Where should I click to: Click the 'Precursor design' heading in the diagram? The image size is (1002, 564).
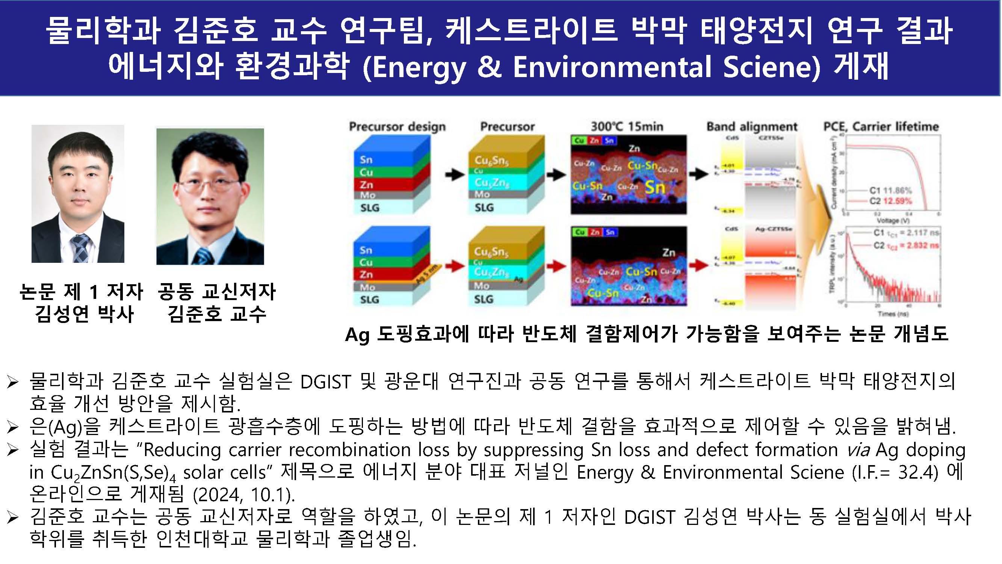tap(397, 126)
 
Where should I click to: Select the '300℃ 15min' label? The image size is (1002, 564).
tap(627, 126)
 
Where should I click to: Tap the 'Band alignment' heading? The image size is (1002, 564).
tap(751, 126)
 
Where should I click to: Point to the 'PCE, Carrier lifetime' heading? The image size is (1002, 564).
tap(881, 126)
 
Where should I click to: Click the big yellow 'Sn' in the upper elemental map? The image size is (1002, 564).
tap(655, 187)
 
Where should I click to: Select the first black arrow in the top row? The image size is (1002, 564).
tap(455, 175)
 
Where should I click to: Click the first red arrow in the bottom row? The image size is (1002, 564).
tap(455, 266)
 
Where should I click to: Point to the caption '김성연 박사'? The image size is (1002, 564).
tap(85, 314)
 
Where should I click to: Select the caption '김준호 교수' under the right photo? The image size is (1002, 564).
tap(216, 314)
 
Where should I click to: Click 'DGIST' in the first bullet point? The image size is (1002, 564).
tap(325, 381)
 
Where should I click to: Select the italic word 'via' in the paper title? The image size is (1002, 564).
tap(858, 450)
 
